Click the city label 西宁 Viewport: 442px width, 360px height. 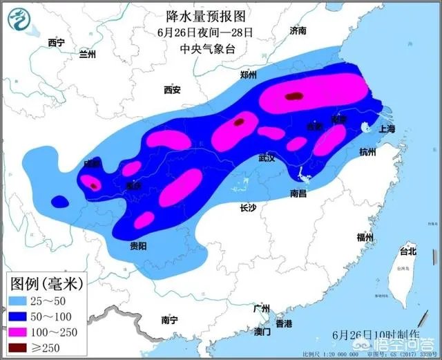coord(56,43)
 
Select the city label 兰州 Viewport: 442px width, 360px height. coord(88,54)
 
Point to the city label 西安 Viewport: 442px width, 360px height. coord(171,90)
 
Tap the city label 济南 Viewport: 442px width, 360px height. coord(298,31)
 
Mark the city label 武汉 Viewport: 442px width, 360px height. coord(267,158)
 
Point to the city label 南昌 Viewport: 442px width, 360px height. coord(298,193)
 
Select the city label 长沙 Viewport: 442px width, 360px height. coord(249,207)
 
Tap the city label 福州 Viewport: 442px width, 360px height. coord(365,237)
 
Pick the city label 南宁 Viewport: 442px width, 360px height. coord(169,320)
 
